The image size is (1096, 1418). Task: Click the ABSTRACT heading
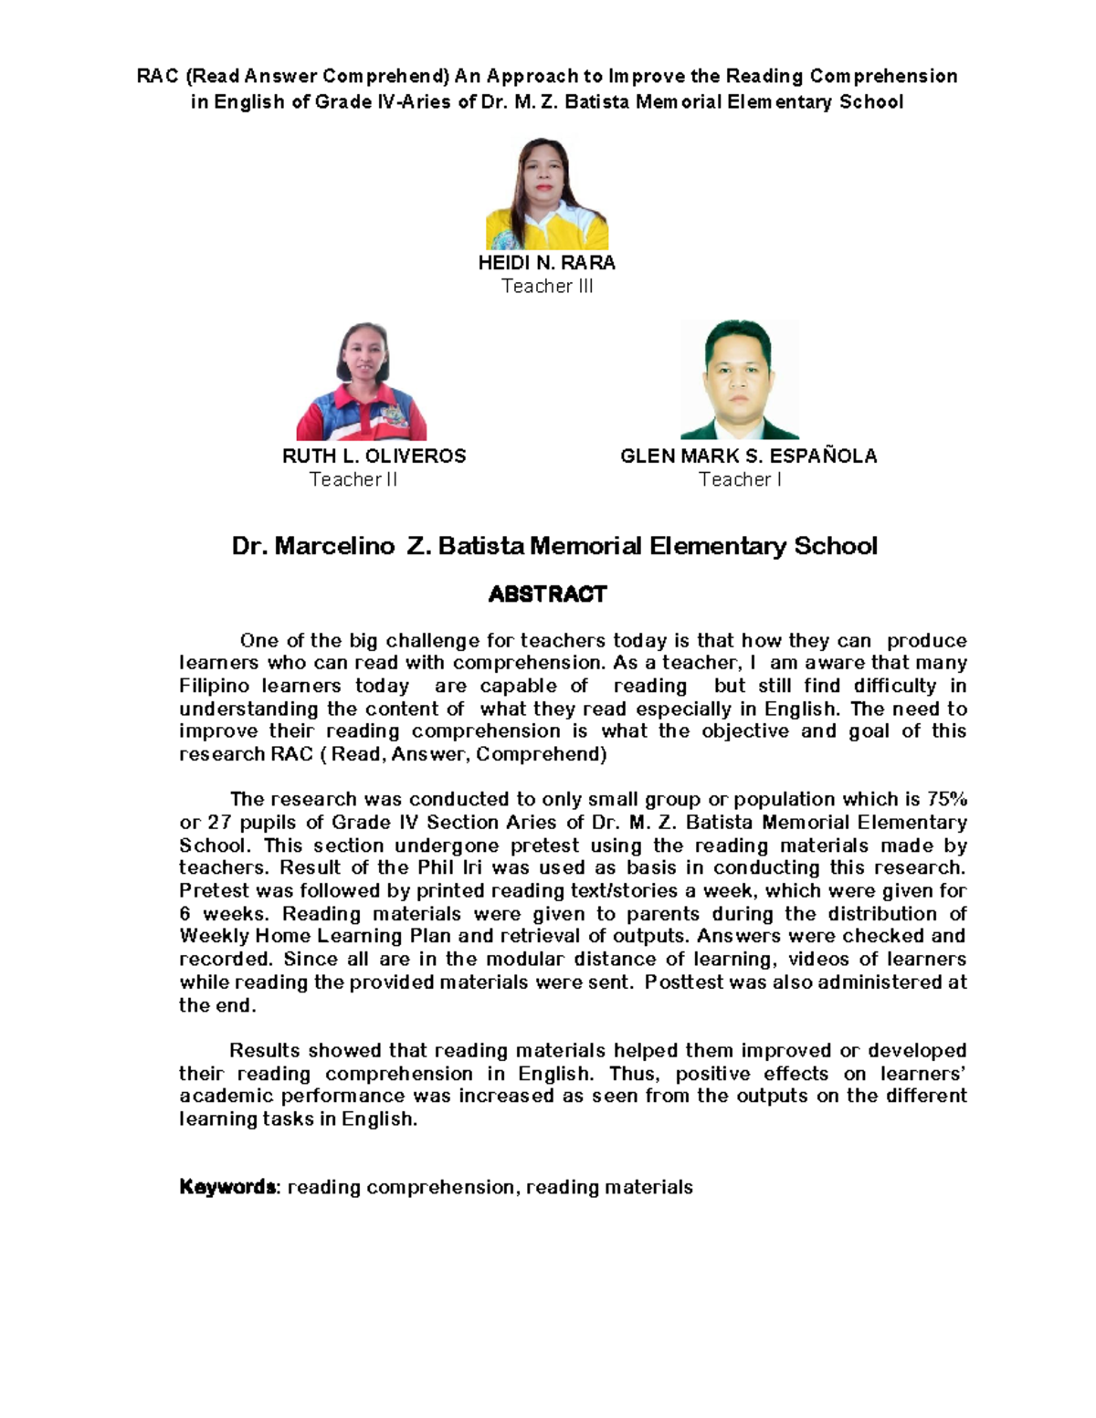click(547, 594)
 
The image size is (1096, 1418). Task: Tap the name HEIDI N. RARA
click(546, 263)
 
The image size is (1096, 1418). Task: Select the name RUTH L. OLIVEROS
click(374, 456)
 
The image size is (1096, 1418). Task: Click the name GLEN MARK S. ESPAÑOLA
click(748, 456)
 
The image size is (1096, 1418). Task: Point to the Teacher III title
click(547, 287)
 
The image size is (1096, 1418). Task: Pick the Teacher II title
click(353, 479)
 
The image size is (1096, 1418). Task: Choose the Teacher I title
click(740, 479)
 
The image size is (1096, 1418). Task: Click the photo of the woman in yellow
click(546, 194)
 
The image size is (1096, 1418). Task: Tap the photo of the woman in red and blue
click(361, 382)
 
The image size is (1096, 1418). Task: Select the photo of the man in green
click(739, 380)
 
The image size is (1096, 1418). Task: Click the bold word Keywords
click(227, 1187)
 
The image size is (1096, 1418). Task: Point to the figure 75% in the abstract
click(946, 800)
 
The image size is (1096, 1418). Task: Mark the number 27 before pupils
click(219, 823)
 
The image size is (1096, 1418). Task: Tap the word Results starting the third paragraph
click(264, 1051)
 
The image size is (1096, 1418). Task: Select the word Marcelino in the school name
click(335, 547)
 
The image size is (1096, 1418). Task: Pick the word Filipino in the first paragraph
click(214, 686)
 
